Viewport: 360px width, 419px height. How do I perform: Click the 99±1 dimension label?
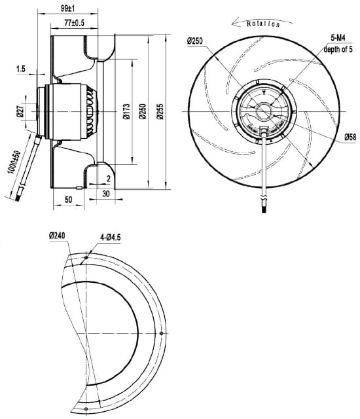click(68, 9)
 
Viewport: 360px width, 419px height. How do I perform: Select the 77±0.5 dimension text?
click(74, 24)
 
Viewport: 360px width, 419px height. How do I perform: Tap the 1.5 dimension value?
click(21, 69)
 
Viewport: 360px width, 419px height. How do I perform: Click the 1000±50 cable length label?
click(14, 162)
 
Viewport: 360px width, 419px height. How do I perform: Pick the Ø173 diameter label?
click(126, 111)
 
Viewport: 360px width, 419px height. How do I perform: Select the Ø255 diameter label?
click(160, 111)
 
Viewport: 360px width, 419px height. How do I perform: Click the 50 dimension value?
click(69, 200)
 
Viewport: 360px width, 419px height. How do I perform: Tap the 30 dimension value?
click(106, 194)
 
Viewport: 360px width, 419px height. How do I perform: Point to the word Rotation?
click(263, 24)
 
